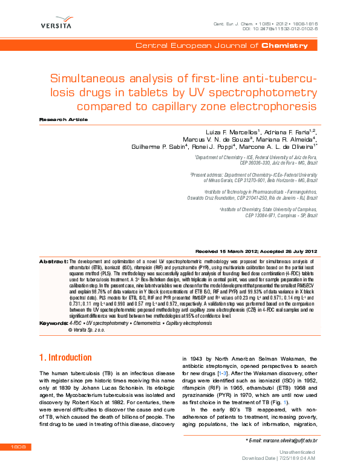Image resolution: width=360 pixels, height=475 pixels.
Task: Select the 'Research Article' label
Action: click(59, 120)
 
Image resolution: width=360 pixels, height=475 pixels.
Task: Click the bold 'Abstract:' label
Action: click(53, 261)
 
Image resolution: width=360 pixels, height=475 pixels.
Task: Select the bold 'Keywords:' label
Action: click(53, 307)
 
